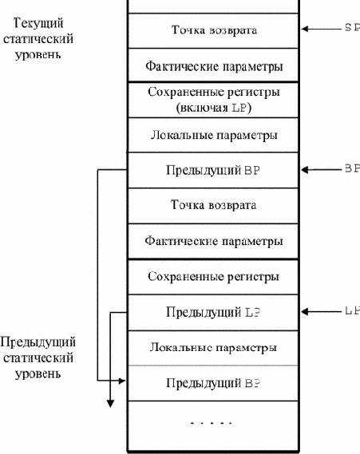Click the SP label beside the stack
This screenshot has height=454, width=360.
pos(353,27)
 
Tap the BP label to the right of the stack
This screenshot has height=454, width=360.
pos(353,168)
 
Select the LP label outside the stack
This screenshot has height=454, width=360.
pos(353,310)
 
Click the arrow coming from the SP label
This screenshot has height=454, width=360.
pos(322,29)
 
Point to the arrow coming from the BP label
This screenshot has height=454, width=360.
pos(322,170)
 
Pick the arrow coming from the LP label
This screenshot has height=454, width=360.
pos(322,311)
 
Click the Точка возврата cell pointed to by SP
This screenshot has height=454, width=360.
pos(213,30)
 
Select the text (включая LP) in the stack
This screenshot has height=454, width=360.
pos(213,108)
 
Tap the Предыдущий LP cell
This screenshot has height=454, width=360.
pos(213,313)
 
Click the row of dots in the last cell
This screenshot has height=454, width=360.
pos(212,423)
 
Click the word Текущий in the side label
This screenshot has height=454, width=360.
pos(38,23)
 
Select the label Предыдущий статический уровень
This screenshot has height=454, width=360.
pos(38,358)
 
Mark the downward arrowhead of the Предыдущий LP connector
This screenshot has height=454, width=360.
pos(110,404)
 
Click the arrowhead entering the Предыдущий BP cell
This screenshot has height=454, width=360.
pos(122,381)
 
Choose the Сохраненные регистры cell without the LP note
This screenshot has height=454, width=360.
pos(213,277)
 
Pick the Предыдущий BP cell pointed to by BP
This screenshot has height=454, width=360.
pos(213,171)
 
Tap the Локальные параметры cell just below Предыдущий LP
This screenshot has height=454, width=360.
pos(213,348)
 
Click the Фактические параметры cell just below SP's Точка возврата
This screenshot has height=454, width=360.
pos(213,65)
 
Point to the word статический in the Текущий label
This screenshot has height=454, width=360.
pos(38,39)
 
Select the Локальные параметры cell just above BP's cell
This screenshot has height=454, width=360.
pos(213,135)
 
